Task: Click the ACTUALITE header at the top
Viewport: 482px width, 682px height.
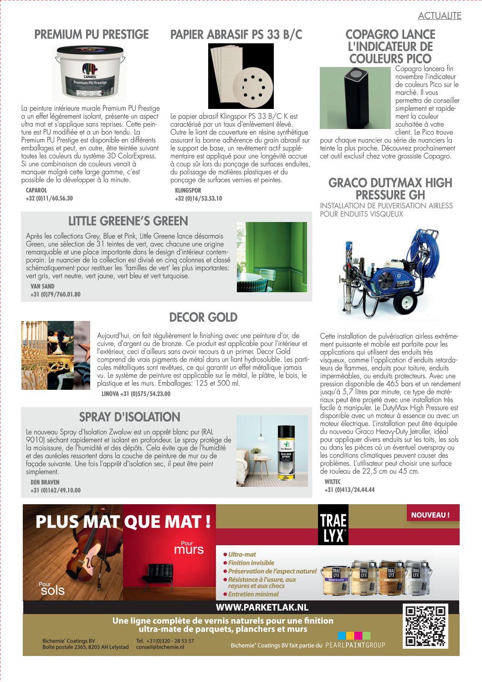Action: (x=440, y=16)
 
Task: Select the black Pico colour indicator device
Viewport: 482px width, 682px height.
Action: (x=357, y=98)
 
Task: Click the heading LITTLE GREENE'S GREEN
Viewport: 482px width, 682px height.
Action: (x=128, y=221)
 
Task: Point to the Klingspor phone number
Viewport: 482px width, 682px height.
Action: (x=198, y=199)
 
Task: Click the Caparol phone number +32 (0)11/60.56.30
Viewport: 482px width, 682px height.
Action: (x=49, y=198)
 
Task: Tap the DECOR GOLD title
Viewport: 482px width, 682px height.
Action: (x=203, y=317)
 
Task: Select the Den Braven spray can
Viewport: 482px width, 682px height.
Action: (x=286, y=453)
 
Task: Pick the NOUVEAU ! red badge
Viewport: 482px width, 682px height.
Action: (x=431, y=515)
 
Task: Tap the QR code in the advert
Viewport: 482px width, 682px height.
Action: (x=426, y=626)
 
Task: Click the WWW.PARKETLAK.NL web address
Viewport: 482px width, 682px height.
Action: (x=262, y=607)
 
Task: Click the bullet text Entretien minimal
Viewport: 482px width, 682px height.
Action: (x=253, y=594)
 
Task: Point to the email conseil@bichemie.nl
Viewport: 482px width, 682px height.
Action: (x=160, y=647)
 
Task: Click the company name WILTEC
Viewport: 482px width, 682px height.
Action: (x=333, y=482)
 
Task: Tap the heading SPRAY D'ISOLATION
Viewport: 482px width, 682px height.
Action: (x=129, y=417)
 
